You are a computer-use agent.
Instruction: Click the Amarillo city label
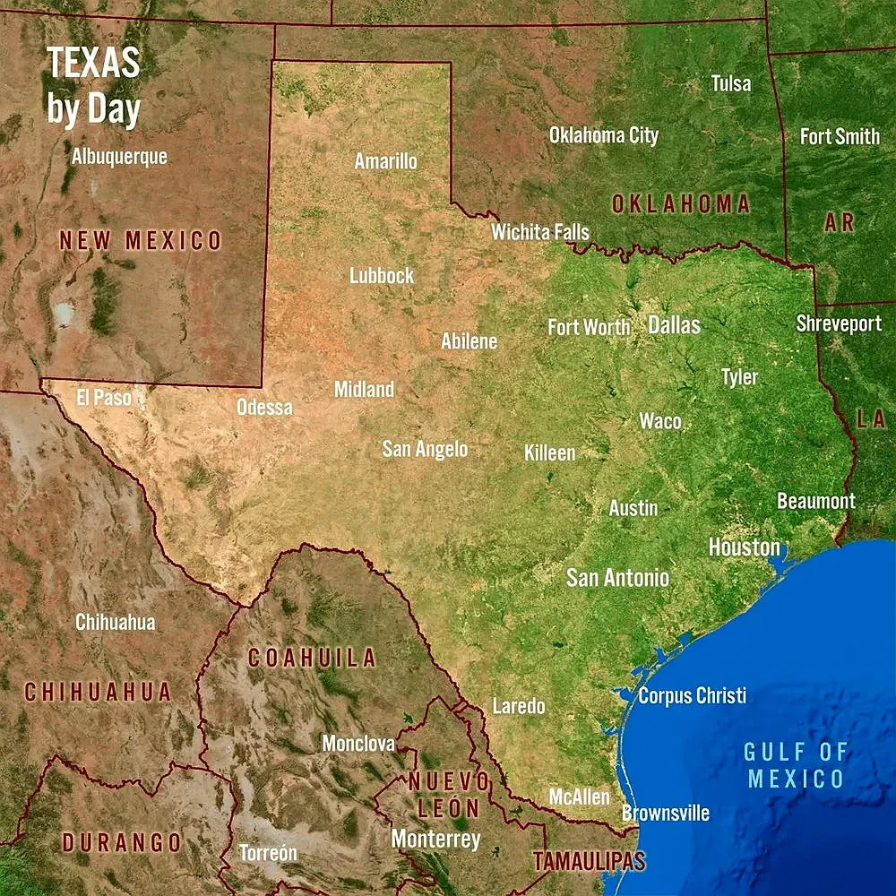(385, 161)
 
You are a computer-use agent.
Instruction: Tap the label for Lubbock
(382, 275)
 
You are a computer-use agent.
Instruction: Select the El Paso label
(104, 397)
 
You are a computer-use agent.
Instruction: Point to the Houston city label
(744, 547)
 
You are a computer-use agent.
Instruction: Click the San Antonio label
(617, 578)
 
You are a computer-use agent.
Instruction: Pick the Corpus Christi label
(692, 695)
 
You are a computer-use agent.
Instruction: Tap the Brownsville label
(666, 814)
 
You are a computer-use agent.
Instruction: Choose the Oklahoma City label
(603, 135)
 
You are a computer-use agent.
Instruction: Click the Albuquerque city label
(119, 156)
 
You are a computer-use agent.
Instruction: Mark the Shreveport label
(839, 323)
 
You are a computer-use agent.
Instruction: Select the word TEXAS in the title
(93, 63)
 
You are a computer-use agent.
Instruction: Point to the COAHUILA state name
(312, 658)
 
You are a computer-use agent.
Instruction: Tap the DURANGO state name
(121, 843)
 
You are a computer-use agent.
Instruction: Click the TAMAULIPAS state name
(589, 862)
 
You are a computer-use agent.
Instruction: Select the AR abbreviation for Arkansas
(840, 222)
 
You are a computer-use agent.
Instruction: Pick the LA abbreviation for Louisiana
(870, 418)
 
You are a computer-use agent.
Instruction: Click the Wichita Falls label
(540, 232)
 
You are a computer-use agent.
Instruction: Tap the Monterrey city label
(435, 840)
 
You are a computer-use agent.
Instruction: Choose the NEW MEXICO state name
(140, 240)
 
